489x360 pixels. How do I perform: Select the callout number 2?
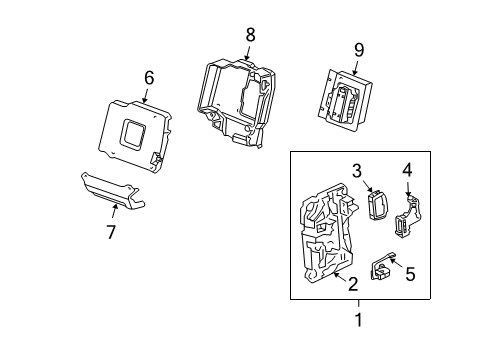click(x=351, y=285)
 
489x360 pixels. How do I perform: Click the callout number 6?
click(x=149, y=77)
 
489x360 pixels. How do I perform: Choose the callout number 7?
click(x=112, y=233)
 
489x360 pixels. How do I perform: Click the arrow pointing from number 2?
click(x=340, y=276)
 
